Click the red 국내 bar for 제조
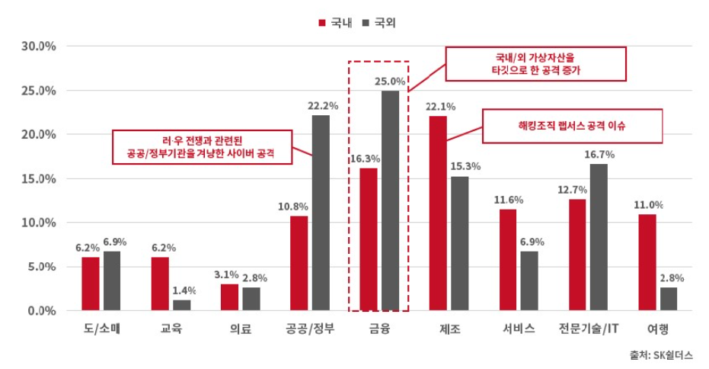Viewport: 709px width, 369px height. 438,213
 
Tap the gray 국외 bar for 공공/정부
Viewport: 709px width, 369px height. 321,213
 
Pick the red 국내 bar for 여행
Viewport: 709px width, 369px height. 647,262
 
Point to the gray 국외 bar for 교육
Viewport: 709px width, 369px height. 182,305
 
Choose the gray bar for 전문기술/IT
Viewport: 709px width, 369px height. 598,237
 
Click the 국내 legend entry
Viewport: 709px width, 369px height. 334,23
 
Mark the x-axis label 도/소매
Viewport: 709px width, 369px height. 102,329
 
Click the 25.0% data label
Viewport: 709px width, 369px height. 390,81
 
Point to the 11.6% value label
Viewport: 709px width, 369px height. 507,200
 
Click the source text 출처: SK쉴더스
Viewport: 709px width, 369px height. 661,355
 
